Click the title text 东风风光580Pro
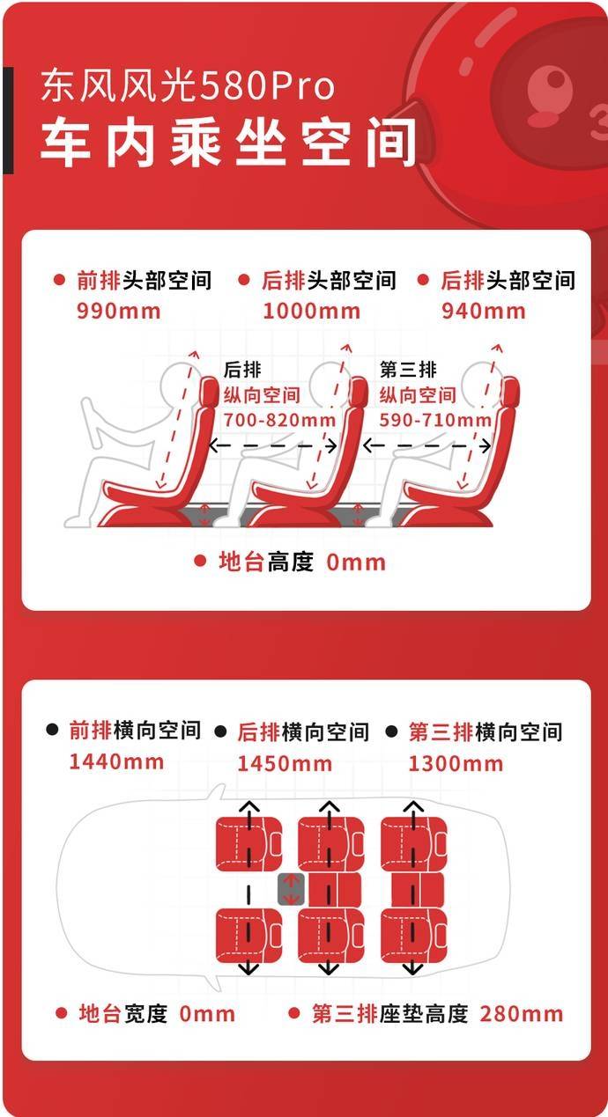[187, 86]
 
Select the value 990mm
[119, 312]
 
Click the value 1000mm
[311, 312]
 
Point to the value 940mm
[483, 312]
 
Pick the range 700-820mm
[279, 420]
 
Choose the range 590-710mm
[435, 420]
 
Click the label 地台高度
[267, 562]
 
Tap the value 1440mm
[116, 761]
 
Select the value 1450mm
[285, 763]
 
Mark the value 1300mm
[456, 763]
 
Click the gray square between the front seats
[291, 889]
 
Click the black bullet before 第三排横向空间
[391, 731]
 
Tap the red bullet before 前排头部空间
[59, 280]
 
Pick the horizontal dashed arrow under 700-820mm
[272, 445]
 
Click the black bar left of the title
[9, 121]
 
